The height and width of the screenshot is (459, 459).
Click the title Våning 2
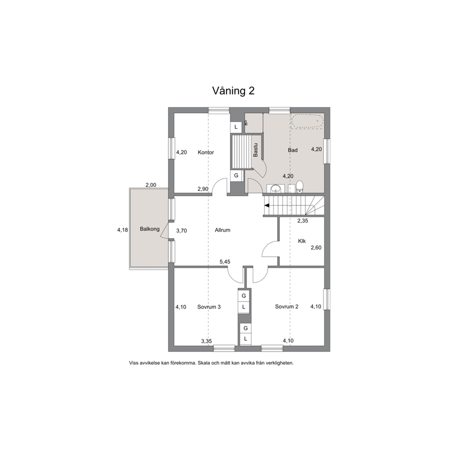pyautogui.click(x=233, y=91)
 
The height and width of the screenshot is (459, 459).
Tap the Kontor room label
pyautogui.click(x=206, y=152)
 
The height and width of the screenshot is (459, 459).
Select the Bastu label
pyautogui.click(x=255, y=150)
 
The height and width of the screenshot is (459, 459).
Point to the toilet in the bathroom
pyautogui.click(x=299, y=187)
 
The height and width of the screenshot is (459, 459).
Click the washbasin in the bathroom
pyautogui.click(x=275, y=189)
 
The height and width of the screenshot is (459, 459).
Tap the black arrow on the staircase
pyautogui.click(x=267, y=205)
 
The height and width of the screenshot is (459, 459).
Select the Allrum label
pyautogui.click(x=223, y=230)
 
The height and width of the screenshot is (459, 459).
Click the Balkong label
pyautogui.click(x=149, y=229)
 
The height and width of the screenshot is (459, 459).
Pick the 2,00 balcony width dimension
pyautogui.click(x=151, y=185)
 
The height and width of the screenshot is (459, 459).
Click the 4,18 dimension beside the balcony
pyautogui.click(x=123, y=230)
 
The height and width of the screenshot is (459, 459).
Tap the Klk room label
pyautogui.click(x=302, y=241)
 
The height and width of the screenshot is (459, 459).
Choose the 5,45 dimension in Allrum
pyautogui.click(x=225, y=262)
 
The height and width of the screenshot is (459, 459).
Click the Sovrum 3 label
pyautogui.click(x=209, y=307)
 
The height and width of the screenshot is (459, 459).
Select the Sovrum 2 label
pyautogui.click(x=286, y=306)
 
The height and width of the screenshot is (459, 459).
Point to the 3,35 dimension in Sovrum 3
pyautogui.click(x=206, y=341)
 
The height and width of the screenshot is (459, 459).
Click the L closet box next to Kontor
pyautogui.click(x=236, y=127)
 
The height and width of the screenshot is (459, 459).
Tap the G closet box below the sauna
pyautogui.click(x=236, y=176)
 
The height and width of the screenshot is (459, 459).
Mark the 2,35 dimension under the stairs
pyautogui.click(x=303, y=221)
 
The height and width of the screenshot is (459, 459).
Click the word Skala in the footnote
pyautogui.click(x=204, y=363)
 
